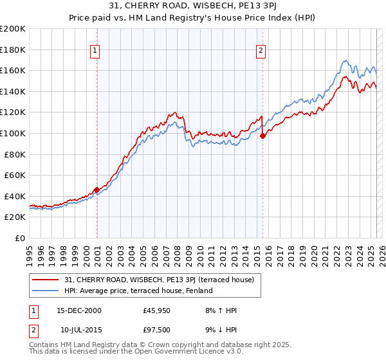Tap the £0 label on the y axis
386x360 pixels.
point(19,238)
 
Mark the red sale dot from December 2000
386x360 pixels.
point(96,190)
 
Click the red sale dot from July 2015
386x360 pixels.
point(262,136)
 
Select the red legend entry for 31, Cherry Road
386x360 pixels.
point(160,280)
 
